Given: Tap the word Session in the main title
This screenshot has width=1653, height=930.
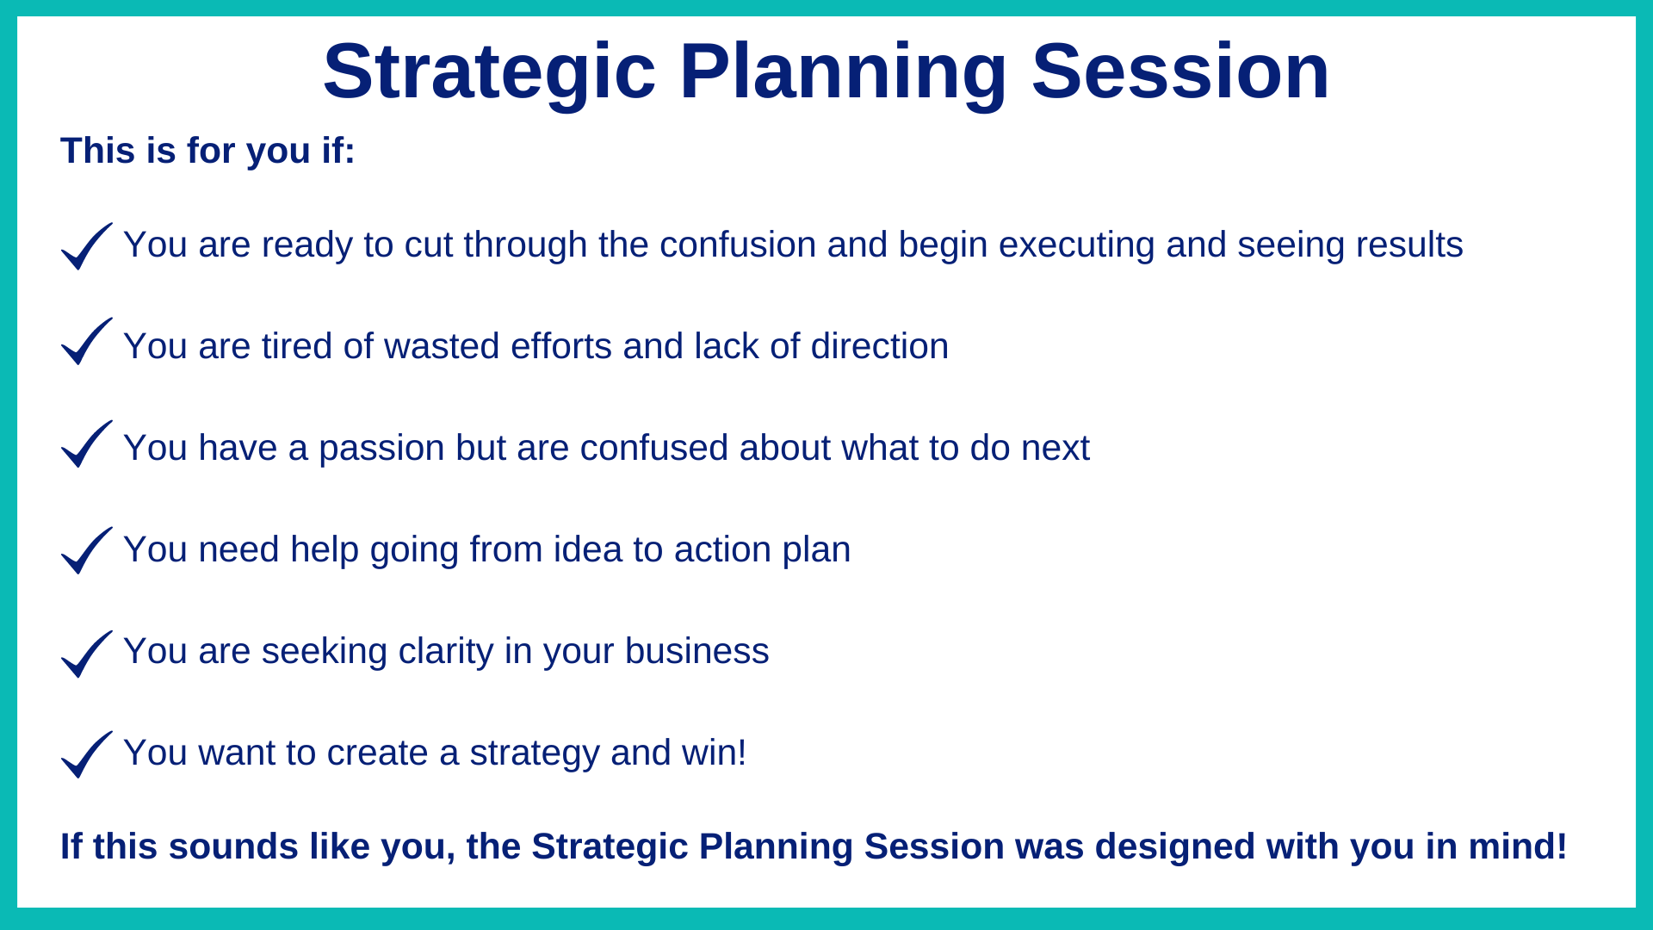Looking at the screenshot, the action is (1180, 71).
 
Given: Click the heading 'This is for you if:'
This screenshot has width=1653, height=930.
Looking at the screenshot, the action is (207, 151).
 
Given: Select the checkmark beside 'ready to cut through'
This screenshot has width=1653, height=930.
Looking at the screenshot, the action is (87, 246).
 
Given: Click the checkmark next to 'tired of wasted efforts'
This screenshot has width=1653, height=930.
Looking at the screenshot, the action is (87, 341).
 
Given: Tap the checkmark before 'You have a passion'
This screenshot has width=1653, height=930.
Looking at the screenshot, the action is (87, 443).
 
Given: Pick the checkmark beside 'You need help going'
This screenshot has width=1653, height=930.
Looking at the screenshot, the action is (87, 550).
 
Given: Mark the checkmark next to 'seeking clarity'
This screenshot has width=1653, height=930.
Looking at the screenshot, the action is (87, 654).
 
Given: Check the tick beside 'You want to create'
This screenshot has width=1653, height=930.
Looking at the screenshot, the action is (87, 754).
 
